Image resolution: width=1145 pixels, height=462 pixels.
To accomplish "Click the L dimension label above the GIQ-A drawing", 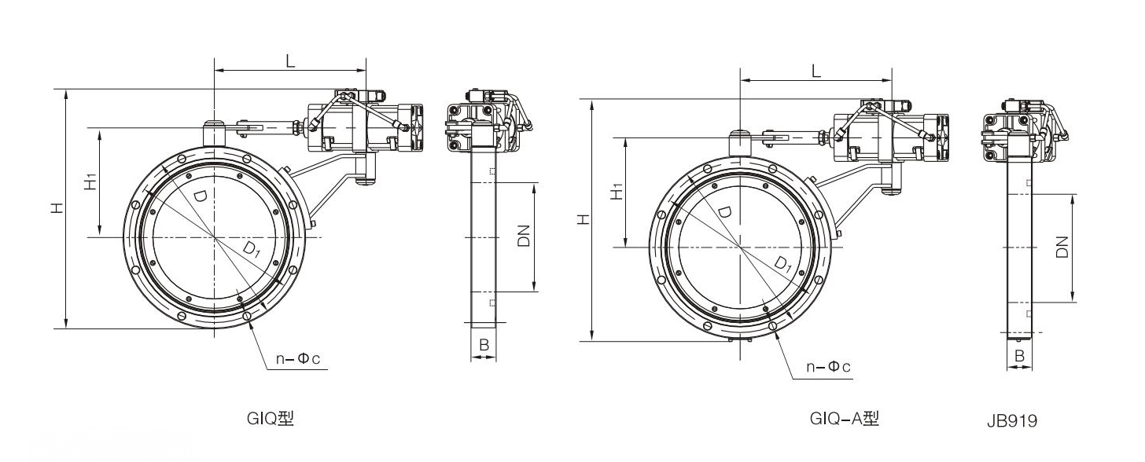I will [x=815, y=71].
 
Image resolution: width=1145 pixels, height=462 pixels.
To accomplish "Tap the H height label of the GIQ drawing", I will [x=57, y=208].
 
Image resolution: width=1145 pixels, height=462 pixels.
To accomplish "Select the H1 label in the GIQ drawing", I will [x=91, y=182].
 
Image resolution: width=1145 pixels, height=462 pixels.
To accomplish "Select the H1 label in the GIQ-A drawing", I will [x=617, y=191].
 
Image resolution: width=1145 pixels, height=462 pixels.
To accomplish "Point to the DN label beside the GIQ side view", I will [x=525, y=236].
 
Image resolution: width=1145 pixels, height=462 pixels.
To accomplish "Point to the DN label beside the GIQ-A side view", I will [x=1062, y=247].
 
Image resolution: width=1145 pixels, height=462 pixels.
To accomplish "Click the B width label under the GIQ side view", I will [x=484, y=344].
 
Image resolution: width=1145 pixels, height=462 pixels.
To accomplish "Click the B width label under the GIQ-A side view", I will [x=1020, y=356].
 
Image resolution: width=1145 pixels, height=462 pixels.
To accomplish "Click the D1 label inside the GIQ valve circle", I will [x=251, y=249].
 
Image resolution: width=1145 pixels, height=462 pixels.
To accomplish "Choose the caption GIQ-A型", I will [x=844, y=419].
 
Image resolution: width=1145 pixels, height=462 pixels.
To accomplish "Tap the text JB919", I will [x=1011, y=421].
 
